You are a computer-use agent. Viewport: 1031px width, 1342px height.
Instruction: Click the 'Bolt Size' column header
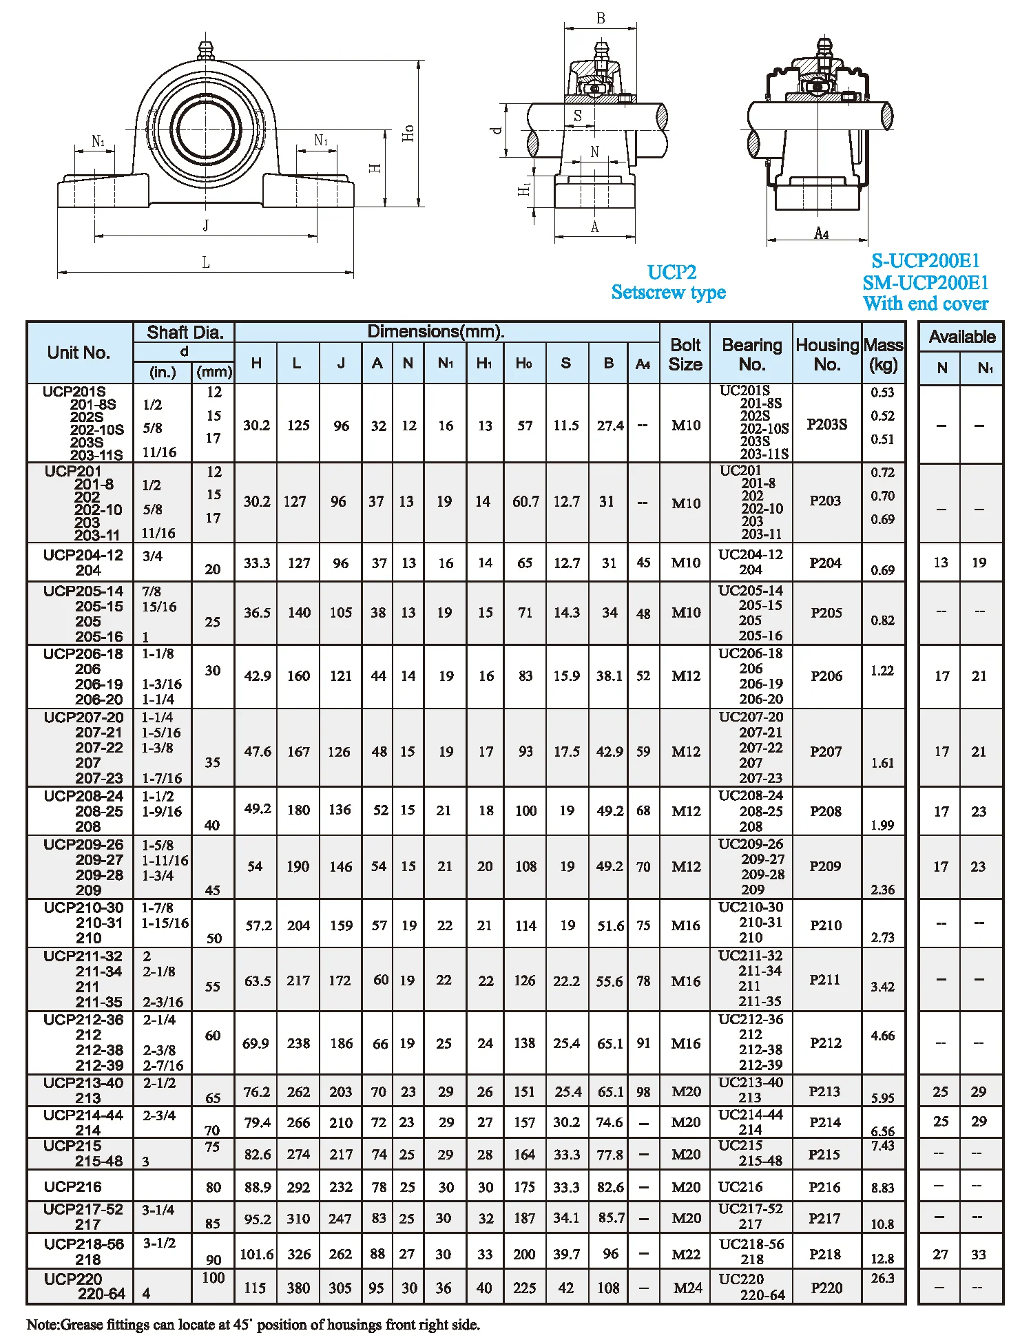click(685, 354)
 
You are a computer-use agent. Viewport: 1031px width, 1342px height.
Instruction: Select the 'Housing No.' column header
click(826, 354)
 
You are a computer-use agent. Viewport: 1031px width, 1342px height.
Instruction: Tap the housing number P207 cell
click(825, 751)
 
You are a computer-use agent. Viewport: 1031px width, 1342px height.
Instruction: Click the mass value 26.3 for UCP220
click(882, 1278)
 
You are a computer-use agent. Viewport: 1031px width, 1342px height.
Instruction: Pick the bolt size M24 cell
click(687, 1288)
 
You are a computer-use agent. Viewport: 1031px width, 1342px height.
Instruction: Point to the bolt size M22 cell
click(686, 1254)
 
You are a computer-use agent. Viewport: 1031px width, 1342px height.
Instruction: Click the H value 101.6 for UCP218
click(256, 1254)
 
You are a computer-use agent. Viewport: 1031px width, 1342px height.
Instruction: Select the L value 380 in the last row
click(298, 1288)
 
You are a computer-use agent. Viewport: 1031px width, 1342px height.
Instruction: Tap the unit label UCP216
click(72, 1186)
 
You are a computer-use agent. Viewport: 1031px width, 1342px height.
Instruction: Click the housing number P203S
click(826, 424)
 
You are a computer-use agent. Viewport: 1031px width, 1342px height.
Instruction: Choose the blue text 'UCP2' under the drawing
click(671, 272)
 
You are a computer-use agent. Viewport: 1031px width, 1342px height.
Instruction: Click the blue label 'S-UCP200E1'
click(925, 261)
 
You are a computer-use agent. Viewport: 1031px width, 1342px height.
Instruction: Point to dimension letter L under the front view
click(205, 262)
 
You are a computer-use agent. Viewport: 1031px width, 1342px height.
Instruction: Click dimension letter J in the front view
click(205, 225)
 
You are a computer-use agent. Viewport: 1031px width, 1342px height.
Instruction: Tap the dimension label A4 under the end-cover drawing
click(821, 233)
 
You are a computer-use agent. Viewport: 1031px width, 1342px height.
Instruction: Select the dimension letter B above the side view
click(601, 19)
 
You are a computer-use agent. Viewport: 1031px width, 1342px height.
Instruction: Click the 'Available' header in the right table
click(961, 337)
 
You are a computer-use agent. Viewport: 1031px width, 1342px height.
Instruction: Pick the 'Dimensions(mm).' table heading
click(435, 331)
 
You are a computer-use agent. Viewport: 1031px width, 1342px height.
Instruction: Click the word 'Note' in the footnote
click(42, 1324)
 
